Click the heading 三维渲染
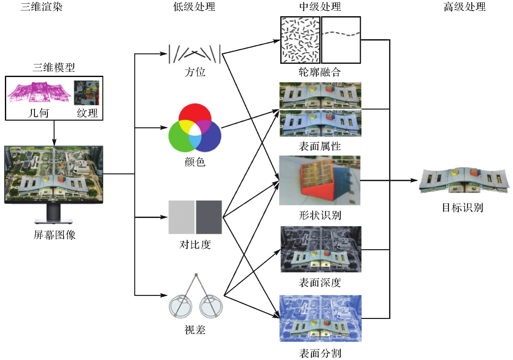(x=42, y=7)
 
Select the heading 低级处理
(x=194, y=7)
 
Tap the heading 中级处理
(x=320, y=7)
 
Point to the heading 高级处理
(x=464, y=7)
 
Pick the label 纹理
(x=87, y=113)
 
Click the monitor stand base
(x=54, y=221)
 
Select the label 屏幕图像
(x=55, y=235)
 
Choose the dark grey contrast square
(x=209, y=217)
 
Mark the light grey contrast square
(x=181, y=217)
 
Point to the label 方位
(x=195, y=72)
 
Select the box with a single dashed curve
(x=341, y=40)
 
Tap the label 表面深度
(x=320, y=283)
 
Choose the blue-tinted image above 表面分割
(x=321, y=318)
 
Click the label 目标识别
(x=462, y=208)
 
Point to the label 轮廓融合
(x=320, y=72)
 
